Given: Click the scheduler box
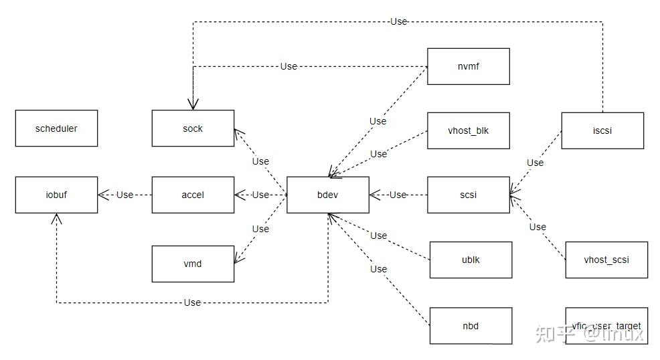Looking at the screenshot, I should (x=56, y=128).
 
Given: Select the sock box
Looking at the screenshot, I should (x=193, y=128).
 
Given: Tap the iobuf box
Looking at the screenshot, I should (x=56, y=195).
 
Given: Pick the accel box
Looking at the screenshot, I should (x=193, y=195).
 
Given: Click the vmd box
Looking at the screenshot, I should (x=193, y=264).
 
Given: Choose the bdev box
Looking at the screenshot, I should (x=328, y=195).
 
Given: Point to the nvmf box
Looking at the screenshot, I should (x=469, y=66).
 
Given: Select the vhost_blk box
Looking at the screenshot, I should (x=469, y=130).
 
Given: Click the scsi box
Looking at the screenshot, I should (x=469, y=195).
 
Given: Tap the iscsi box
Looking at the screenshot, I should (x=602, y=130).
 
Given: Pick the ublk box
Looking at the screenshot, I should (x=471, y=260).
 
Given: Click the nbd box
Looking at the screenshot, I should (x=471, y=326).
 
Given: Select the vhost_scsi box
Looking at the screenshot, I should (x=606, y=260).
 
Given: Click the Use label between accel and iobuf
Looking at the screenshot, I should (x=125, y=195).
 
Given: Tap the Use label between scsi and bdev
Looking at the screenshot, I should (x=398, y=195).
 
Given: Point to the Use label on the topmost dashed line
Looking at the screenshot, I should (x=398, y=21).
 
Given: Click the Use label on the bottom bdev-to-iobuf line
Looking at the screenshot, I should (x=192, y=302).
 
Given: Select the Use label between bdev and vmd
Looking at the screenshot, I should (x=260, y=229).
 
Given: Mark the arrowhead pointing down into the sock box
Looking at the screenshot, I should (x=193, y=104).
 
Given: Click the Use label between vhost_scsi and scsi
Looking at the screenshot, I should (x=538, y=227).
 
